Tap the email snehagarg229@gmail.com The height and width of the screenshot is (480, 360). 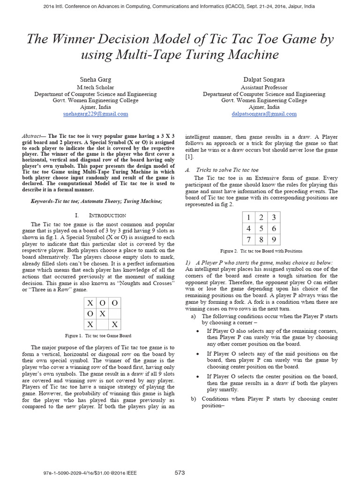[x=95, y=114]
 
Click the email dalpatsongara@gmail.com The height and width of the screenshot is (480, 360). [x=264, y=114]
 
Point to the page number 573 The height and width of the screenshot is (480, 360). [x=180, y=472]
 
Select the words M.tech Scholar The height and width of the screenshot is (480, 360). [x=95, y=87]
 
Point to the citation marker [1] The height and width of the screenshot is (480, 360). [x=189, y=156]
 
